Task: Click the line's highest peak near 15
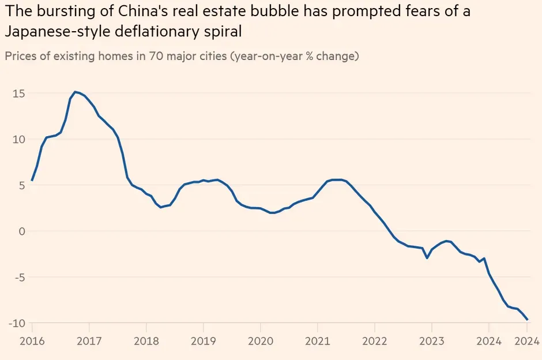coord(75,92)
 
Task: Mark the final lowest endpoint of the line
coord(527,319)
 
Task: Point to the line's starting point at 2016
coord(32,181)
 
